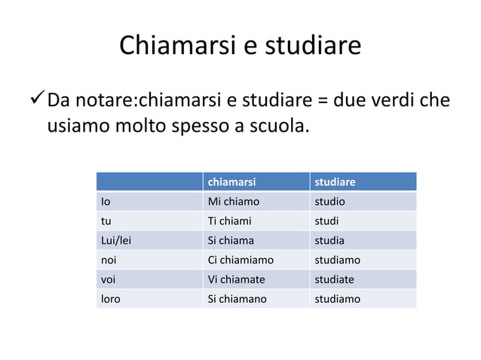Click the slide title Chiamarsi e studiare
pyautogui.click(x=240, y=47)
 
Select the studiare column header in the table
pyautogui.click(x=335, y=182)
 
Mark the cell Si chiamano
pyautogui.click(x=237, y=299)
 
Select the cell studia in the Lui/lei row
pyautogui.click(x=331, y=241)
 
